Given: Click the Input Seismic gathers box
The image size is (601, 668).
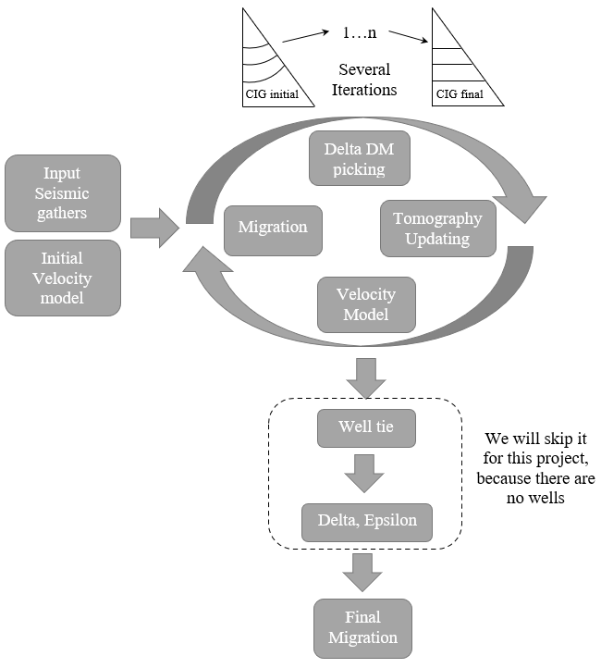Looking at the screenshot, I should [62, 192].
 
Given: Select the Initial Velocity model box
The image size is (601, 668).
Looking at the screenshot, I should [62, 278].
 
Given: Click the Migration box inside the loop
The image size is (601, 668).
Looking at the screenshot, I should [273, 228].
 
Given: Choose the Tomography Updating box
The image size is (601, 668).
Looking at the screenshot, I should [437, 229].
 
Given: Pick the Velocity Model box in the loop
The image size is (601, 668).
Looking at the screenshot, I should [366, 304].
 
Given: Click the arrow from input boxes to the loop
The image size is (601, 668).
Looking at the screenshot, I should [154, 228].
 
